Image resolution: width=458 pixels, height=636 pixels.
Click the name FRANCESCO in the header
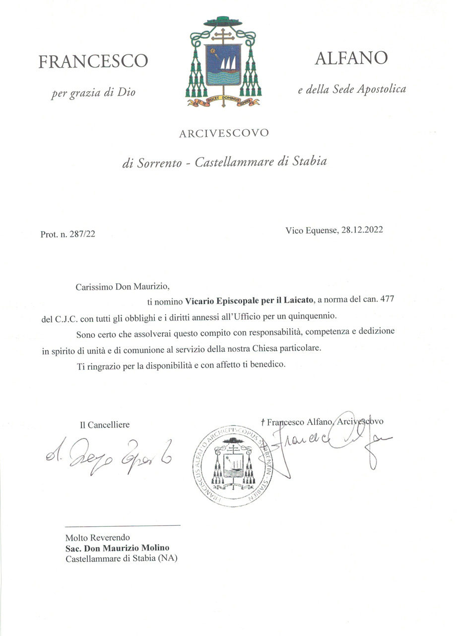click(x=93, y=62)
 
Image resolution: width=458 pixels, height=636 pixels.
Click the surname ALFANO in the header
click(x=351, y=59)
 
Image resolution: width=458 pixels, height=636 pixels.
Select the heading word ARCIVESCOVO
click(x=224, y=133)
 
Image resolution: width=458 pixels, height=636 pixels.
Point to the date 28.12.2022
click(x=362, y=230)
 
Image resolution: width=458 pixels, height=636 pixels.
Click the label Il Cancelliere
click(x=105, y=425)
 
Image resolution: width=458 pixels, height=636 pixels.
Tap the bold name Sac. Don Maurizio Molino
click(x=117, y=548)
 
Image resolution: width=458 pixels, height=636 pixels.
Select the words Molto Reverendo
click(x=97, y=538)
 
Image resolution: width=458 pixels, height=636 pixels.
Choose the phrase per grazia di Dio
click(x=93, y=92)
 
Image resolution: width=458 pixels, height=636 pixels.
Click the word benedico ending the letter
click(x=268, y=365)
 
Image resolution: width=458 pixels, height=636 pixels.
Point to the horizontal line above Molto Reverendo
click(x=123, y=525)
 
